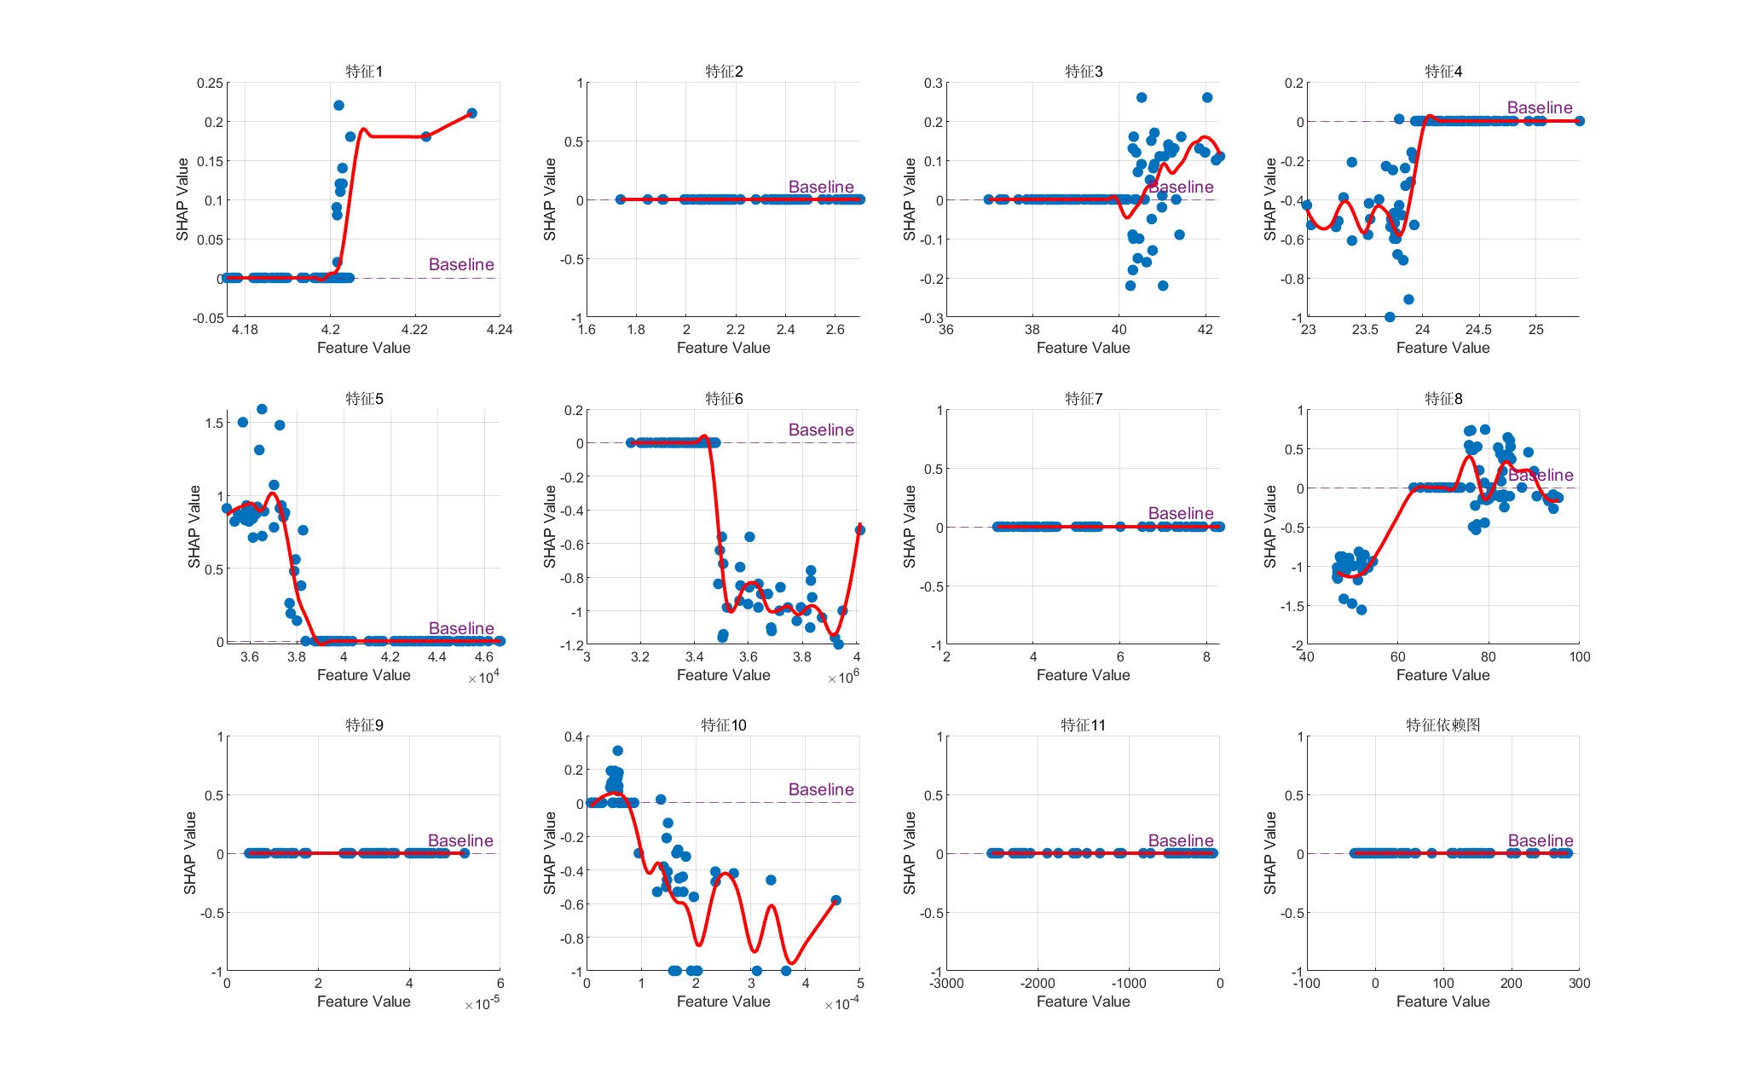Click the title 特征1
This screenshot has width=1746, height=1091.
(364, 72)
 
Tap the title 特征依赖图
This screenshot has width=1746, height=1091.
(1442, 725)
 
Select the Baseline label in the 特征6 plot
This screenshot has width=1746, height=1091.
(820, 430)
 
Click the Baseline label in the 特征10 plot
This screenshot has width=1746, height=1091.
(820, 790)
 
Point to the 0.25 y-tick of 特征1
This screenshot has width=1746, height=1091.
(210, 84)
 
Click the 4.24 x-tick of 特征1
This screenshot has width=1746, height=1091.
(499, 330)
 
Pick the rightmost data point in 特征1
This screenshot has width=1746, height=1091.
(471, 113)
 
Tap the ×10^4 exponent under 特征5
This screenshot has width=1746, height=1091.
(483, 678)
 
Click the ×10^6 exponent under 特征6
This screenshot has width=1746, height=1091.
(843, 678)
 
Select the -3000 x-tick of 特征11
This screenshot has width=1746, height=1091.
(946, 984)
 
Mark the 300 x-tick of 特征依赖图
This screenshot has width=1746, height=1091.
(1579, 984)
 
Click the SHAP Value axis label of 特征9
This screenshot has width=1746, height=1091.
(190, 853)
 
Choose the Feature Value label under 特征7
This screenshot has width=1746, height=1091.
(1083, 675)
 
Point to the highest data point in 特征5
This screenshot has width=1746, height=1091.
(262, 410)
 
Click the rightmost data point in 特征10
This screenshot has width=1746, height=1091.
(835, 900)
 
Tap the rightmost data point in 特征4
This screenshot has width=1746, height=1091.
(1579, 121)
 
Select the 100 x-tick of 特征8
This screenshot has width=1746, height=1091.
(1579, 657)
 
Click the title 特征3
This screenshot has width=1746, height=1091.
(1083, 72)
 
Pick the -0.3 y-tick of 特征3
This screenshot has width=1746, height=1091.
(933, 319)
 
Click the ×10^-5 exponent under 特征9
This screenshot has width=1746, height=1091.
(482, 1005)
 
